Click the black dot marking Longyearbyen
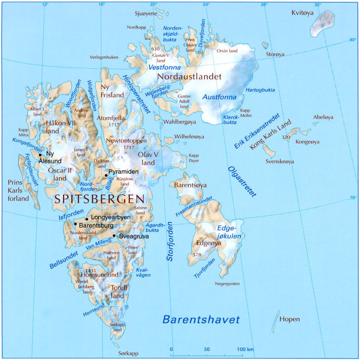(87, 219)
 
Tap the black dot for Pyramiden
(106, 175)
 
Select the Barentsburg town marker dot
(75, 224)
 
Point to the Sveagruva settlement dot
(114, 235)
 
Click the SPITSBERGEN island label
(99, 199)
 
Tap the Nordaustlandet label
(189, 77)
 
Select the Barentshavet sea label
(201, 319)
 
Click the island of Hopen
(275, 321)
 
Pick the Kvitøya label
(303, 13)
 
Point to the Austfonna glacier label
(219, 97)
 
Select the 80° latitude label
(352, 40)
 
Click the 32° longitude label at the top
(317, 4)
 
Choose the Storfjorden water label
(169, 242)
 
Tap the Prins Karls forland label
(18, 190)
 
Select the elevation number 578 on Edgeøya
(197, 255)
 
